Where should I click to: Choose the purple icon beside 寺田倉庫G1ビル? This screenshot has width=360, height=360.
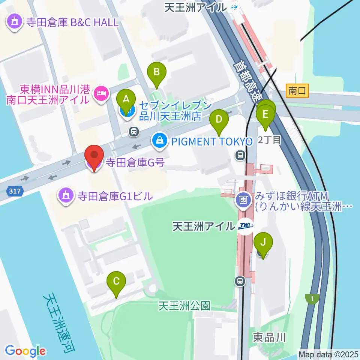pos(66,195)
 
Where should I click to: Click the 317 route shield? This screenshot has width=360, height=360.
pos(15,192)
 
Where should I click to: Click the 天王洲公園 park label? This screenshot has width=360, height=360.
pos(184,306)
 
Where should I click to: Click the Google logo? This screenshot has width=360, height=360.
pos(25,351)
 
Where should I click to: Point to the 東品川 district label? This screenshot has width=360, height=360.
pos(269,337)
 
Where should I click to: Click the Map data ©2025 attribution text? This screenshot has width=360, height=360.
pos(328,354)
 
